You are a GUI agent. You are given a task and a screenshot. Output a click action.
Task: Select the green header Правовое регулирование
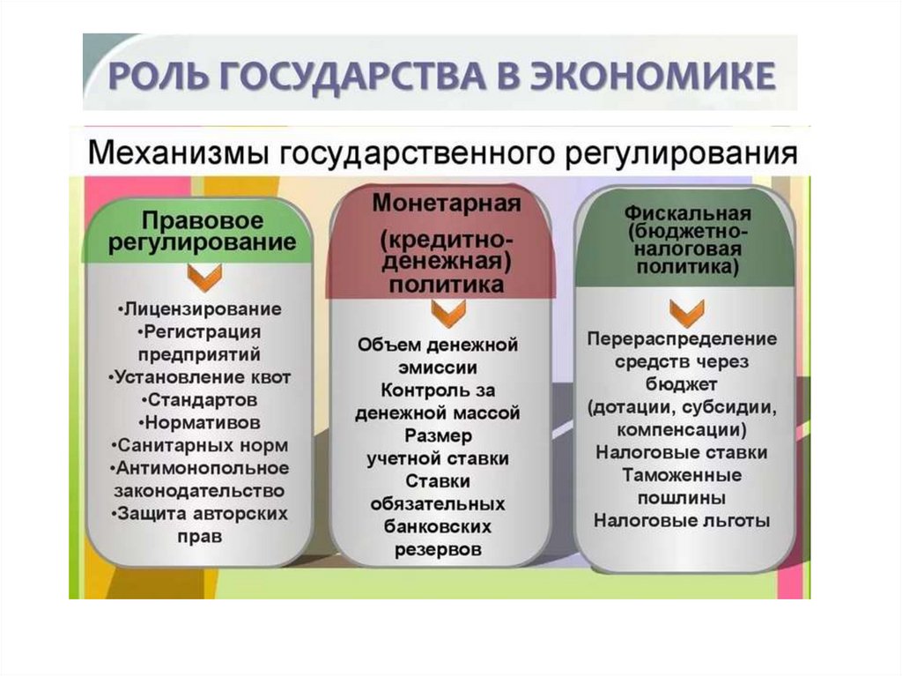click(x=202, y=231)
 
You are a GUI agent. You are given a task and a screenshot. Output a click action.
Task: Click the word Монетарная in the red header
click(x=447, y=203)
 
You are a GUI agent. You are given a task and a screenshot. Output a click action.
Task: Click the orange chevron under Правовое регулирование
click(x=201, y=278)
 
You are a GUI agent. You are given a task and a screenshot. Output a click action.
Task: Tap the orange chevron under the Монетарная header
click(x=447, y=311)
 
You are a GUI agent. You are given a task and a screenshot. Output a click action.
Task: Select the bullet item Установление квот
click(x=201, y=377)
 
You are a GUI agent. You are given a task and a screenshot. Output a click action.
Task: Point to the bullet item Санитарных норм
click(x=201, y=445)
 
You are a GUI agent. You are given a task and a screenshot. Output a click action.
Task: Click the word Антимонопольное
click(x=203, y=468)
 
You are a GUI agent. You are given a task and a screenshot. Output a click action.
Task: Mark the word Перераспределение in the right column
click(x=683, y=338)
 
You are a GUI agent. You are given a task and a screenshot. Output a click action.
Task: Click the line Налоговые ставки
click(x=682, y=453)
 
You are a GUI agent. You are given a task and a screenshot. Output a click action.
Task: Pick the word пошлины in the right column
click(x=682, y=498)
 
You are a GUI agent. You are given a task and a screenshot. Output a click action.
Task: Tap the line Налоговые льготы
click(x=682, y=521)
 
